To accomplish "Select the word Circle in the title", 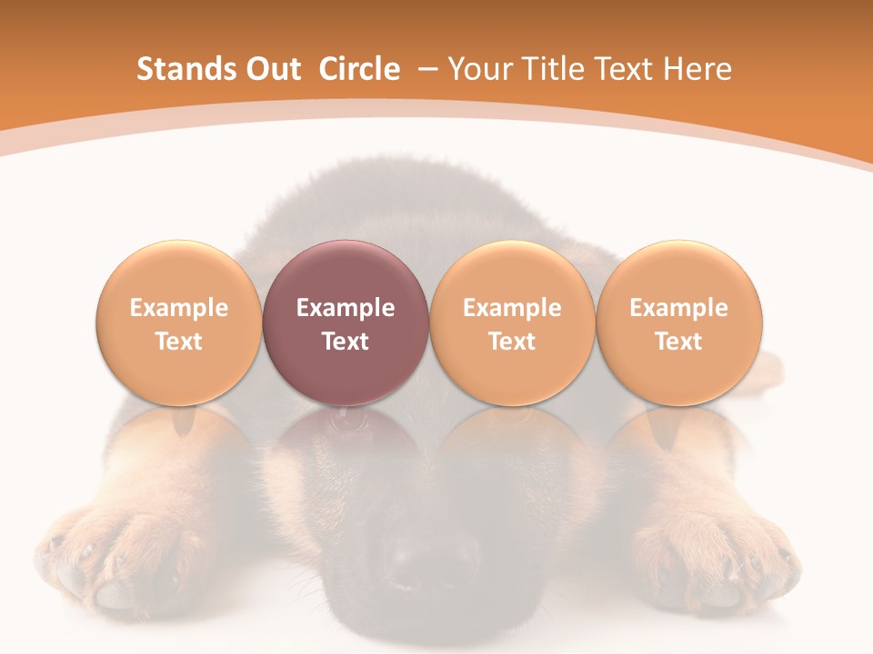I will click(x=359, y=69).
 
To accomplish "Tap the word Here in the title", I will click(x=697, y=69).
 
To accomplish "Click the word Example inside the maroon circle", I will click(x=346, y=308).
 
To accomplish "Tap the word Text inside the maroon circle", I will click(x=346, y=342).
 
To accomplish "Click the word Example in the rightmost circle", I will click(x=679, y=308).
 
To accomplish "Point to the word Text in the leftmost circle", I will click(x=178, y=342).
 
